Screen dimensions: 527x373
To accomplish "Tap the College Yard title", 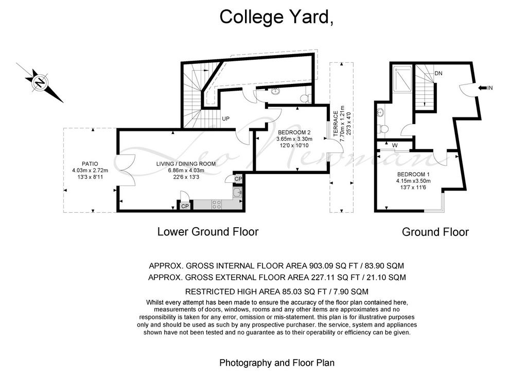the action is tap(276, 17).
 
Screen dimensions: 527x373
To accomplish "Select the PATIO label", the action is tap(90, 164).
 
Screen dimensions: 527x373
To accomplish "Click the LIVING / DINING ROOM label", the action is tap(186, 164).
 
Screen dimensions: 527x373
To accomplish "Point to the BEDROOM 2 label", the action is tap(292, 132).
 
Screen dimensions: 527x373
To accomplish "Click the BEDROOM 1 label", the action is tap(413, 175).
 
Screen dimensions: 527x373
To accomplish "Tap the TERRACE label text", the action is tap(336, 124).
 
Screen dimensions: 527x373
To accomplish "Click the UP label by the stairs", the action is tap(226, 118).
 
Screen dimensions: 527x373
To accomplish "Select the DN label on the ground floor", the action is tap(438, 73).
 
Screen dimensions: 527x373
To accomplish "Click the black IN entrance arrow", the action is tap(482, 88).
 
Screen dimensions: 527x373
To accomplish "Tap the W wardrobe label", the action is tap(395, 146).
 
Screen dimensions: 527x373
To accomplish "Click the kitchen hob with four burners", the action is tap(217, 205).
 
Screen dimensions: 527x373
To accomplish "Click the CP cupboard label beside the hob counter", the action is tap(185, 206).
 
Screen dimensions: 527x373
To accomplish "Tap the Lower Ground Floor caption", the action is tap(208, 232).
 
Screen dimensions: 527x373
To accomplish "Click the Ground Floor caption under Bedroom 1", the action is tap(435, 232).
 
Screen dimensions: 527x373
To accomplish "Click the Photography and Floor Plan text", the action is tap(277, 363).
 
